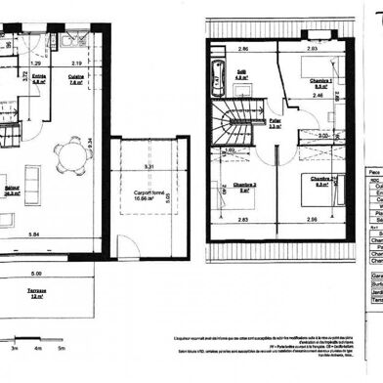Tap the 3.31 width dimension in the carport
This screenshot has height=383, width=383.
[148, 167]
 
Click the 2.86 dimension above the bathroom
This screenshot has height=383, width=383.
[244, 48]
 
